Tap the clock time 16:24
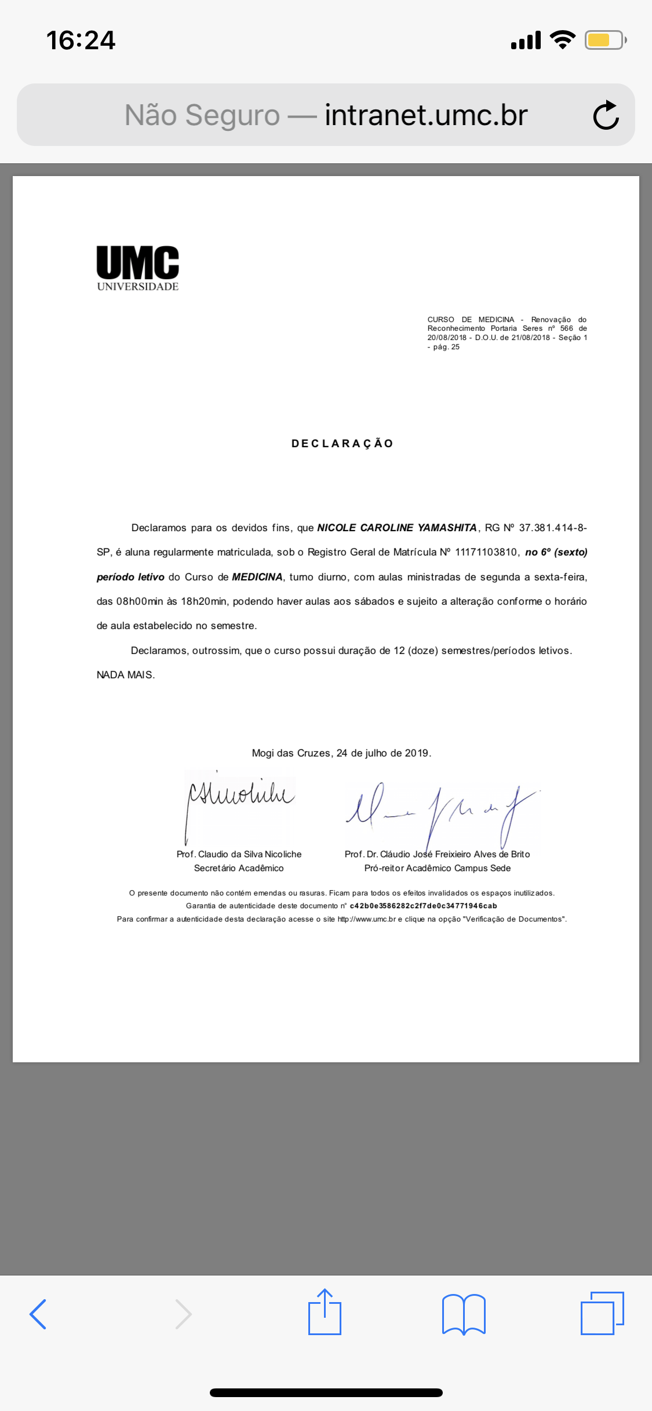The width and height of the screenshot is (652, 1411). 81,41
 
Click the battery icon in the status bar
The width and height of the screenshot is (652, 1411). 604,40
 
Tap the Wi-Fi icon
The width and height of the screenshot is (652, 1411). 562,39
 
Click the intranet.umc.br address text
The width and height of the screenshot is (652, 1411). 426,115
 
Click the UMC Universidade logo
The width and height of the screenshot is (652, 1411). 138,268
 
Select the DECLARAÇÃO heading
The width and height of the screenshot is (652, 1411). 343,444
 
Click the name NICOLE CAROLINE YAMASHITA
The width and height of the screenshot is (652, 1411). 397,528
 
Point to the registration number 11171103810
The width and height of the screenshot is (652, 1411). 486,552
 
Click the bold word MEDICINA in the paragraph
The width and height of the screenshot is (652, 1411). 257,577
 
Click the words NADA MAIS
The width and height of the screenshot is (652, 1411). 126,675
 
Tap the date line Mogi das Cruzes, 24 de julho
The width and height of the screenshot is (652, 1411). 341,753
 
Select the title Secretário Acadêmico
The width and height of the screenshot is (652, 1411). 239,868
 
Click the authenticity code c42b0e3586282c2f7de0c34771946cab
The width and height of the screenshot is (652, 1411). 423,906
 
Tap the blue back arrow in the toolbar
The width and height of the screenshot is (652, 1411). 38,1314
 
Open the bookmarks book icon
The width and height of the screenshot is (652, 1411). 463,1314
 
